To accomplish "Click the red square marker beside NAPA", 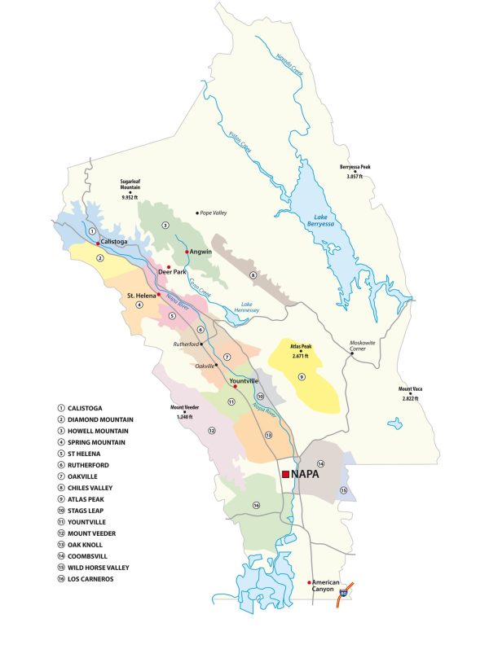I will pyautogui.click(x=285, y=473).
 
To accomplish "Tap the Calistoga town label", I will pyautogui.click(x=117, y=242).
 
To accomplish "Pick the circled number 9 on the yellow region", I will pyautogui.click(x=301, y=376).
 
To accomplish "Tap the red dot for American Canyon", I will pyautogui.click(x=310, y=582).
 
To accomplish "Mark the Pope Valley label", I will pyautogui.click(x=214, y=213).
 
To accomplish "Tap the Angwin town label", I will pyautogui.click(x=201, y=252).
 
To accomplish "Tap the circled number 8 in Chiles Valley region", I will pyautogui.click(x=253, y=275).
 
